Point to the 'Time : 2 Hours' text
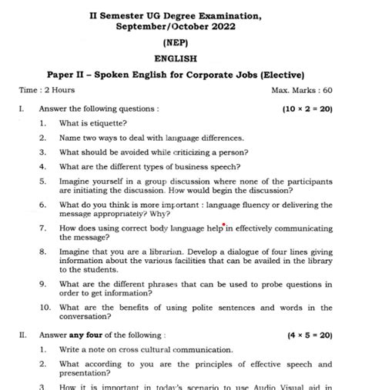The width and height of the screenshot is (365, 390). click(42, 91)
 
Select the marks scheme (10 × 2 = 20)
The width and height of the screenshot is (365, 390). click(307, 108)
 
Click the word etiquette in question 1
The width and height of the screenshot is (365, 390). click(109, 123)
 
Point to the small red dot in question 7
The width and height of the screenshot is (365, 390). click(223, 225)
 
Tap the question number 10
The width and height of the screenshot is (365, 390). click(45, 307)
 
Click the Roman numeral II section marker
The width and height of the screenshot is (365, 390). click(23, 335)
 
